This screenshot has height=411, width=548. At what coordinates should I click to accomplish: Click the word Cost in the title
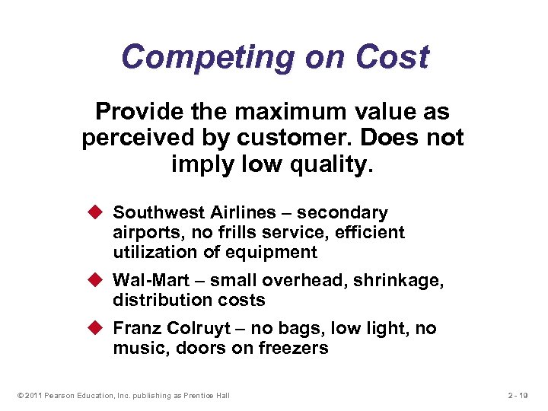(393, 57)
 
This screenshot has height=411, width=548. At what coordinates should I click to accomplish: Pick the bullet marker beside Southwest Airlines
(97, 213)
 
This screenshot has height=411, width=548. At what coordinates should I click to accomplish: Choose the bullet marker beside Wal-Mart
(97, 281)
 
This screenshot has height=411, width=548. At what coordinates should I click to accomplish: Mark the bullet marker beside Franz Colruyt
(97, 329)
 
